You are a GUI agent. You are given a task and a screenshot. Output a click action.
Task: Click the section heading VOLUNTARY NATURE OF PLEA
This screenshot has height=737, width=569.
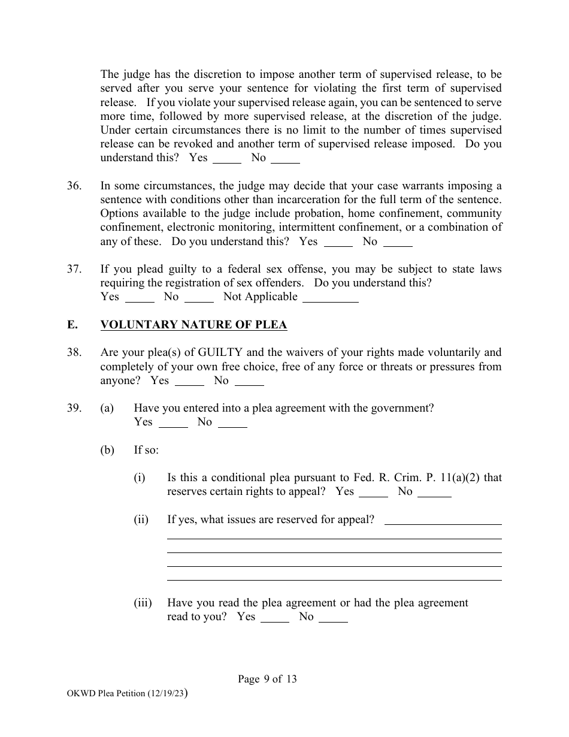(x=193, y=325)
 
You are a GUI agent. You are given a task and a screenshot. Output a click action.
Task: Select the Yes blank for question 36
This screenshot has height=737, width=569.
(x=338, y=244)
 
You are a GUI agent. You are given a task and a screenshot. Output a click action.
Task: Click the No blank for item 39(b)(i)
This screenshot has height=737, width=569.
(x=434, y=494)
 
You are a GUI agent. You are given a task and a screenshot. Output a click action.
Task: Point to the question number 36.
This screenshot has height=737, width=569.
(x=74, y=186)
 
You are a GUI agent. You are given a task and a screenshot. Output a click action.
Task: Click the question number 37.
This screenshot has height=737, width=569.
(x=74, y=269)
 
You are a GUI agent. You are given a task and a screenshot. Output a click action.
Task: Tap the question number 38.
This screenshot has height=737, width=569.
(x=74, y=352)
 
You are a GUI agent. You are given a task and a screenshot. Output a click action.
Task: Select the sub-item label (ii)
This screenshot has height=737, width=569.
(x=141, y=519)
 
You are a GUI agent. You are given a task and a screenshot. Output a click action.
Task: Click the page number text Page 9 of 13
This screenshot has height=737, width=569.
(x=267, y=679)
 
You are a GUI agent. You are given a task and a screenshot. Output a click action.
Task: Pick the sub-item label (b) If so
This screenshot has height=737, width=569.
(x=107, y=450)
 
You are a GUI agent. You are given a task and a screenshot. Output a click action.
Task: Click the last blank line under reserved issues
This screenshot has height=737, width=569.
(x=334, y=579)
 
